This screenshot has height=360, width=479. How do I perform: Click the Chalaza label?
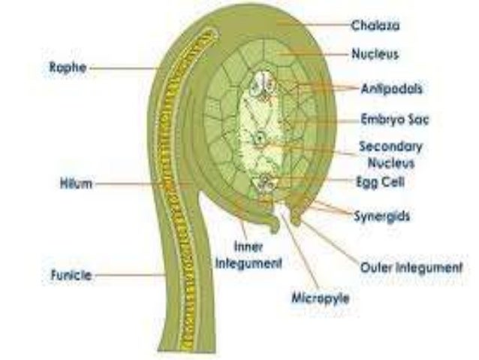(x=375, y=26)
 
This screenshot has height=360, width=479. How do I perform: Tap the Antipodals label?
(x=391, y=88)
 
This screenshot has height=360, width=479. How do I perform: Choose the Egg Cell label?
(x=377, y=181)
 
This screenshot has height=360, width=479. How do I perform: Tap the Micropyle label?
(x=321, y=298)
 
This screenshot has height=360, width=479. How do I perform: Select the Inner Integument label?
(x=248, y=256)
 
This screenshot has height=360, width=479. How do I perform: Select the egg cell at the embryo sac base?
(x=265, y=181)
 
